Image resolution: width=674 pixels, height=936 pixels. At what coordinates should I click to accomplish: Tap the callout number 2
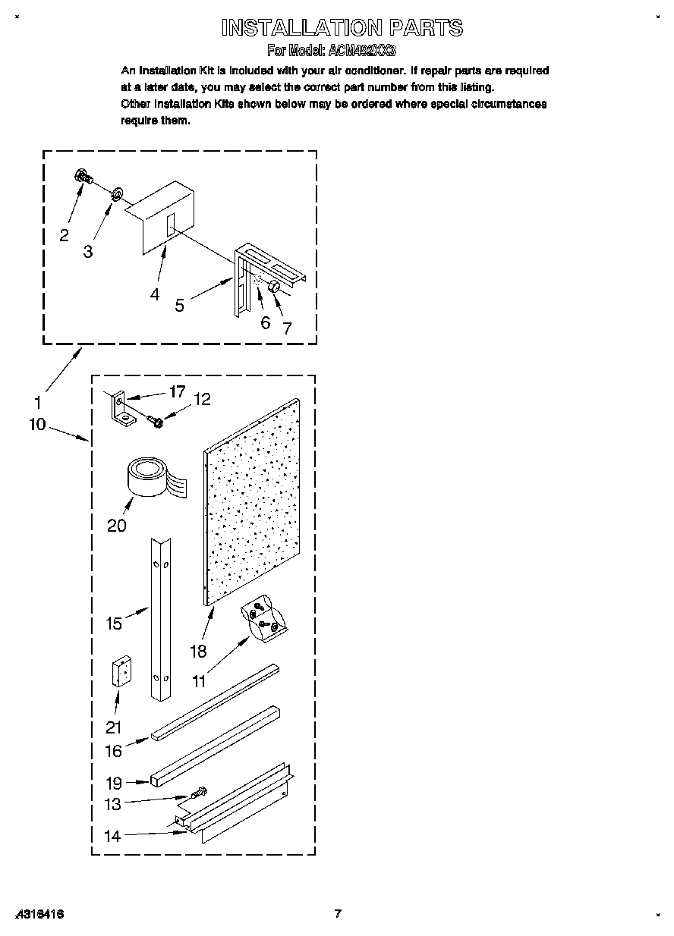64,235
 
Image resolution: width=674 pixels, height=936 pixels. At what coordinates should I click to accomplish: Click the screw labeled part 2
83,177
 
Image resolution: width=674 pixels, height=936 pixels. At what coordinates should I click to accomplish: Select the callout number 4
155,294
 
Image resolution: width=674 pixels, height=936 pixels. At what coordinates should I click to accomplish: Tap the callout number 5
180,306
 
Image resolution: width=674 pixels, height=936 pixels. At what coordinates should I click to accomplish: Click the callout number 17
177,392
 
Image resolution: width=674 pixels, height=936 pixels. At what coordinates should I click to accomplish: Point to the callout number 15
114,623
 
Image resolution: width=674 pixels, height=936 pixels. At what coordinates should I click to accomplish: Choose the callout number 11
198,681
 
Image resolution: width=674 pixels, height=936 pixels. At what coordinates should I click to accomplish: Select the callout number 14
112,837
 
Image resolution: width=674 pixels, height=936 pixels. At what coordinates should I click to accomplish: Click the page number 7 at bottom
339,913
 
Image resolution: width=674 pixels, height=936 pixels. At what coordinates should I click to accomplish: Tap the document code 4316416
38,914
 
